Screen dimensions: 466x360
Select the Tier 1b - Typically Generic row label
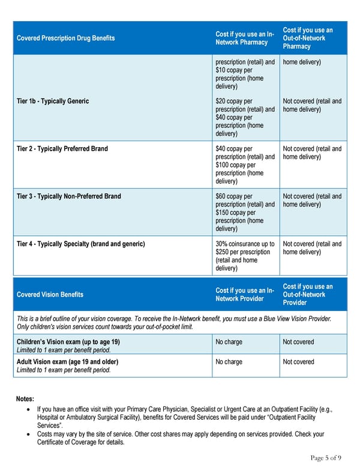(53, 101)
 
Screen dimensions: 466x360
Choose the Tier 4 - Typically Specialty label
(80, 244)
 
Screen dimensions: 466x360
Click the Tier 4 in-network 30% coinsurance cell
(245, 256)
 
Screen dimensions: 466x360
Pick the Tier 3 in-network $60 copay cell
(245, 213)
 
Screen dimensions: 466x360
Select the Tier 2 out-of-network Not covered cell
(312, 153)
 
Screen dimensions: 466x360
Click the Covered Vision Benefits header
(50, 294)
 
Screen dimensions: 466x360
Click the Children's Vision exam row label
(68, 342)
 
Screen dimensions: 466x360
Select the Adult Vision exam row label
(67, 362)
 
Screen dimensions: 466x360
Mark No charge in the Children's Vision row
(229, 342)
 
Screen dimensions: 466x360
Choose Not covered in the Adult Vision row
(298, 362)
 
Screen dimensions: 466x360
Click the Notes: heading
(25, 399)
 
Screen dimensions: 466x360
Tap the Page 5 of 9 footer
(326, 458)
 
